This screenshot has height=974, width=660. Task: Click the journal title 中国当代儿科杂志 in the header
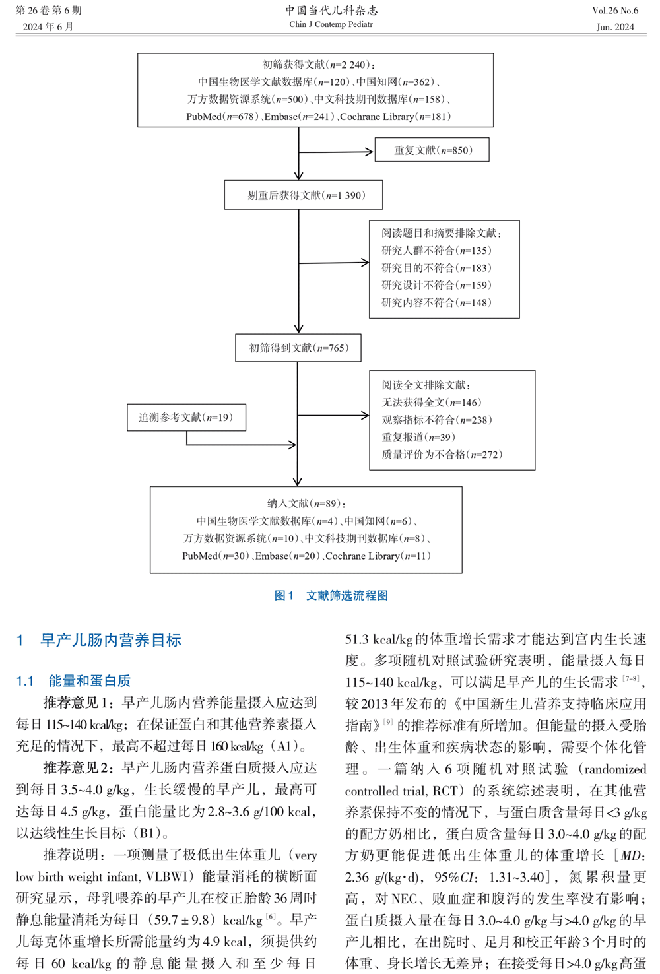[x=331, y=10]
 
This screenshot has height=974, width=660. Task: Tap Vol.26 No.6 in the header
[x=615, y=11]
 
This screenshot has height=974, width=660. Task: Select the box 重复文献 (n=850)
[x=433, y=150]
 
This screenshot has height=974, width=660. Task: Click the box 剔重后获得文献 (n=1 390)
[x=304, y=195]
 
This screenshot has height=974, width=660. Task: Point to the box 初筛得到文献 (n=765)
[x=298, y=348]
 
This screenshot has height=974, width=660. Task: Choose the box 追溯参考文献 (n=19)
[x=186, y=418]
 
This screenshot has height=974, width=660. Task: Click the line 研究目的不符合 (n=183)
[x=436, y=268]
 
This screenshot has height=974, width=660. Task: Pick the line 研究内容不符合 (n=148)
[x=436, y=302]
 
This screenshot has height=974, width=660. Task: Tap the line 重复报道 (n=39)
[x=418, y=437]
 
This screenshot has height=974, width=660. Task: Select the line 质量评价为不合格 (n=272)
[x=442, y=454]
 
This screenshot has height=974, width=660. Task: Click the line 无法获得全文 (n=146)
[x=432, y=403]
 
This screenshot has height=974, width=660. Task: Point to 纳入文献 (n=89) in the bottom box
[x=306, y=503]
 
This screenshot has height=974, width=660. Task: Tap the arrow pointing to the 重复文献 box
[x=337, y=152]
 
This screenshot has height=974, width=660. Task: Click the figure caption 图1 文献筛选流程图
[x=331, y=595]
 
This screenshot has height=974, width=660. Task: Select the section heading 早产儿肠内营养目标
[x=110, y=640]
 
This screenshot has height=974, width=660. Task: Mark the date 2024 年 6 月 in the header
[x=48, y=27]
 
